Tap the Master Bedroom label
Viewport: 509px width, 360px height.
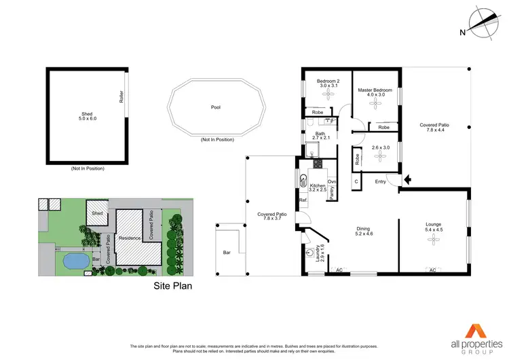coord(375,90)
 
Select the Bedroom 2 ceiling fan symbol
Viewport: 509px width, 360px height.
coord(328,96)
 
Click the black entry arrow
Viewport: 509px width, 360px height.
coord(407,180)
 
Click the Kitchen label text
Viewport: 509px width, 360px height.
coord(318,185)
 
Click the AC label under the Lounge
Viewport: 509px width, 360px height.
coord(432,270)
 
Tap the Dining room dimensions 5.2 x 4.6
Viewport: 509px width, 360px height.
coord(364,235)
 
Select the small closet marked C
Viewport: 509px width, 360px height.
coord(356,181)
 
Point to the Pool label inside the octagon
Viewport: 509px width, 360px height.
coord(216,107)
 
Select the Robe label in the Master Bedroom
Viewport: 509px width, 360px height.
coord(383,127)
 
